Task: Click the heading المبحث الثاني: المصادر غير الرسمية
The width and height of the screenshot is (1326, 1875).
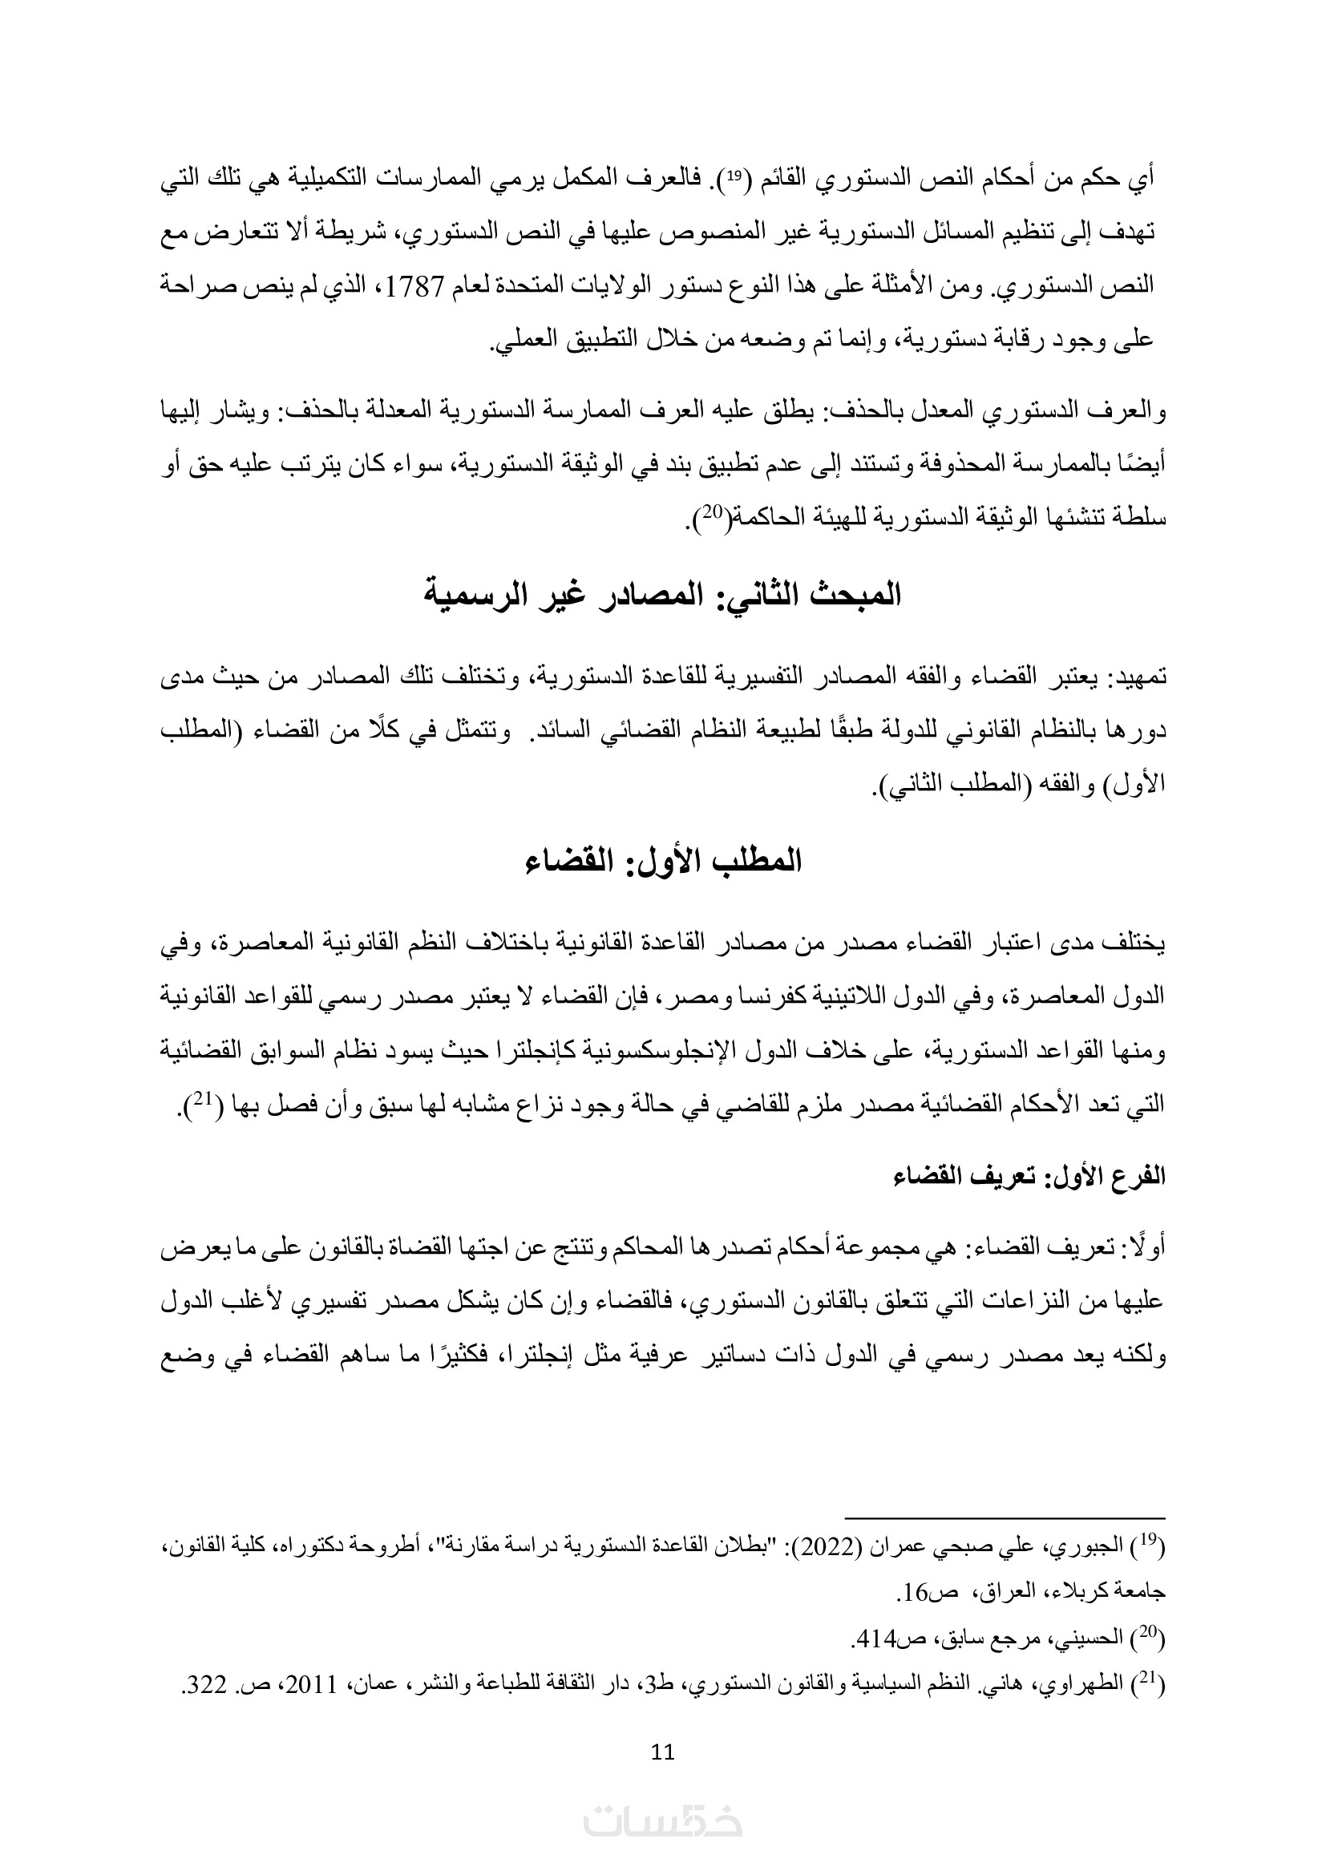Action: (x=663, y=594)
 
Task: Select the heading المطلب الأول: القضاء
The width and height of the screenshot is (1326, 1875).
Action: (x=663, y=862)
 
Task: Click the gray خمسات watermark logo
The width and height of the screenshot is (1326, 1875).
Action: (x=663, y=1820)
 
